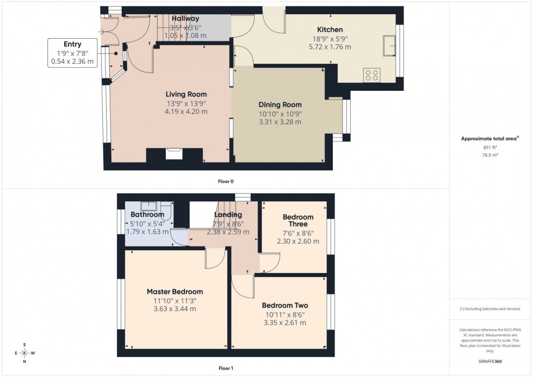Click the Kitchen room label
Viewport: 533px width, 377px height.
[330, 29]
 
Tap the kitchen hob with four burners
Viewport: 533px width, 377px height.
[372, 75]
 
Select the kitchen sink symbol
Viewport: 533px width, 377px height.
[389, 46]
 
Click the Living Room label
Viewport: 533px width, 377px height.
[187, 95]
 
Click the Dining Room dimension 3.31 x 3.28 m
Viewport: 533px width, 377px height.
[280, 122]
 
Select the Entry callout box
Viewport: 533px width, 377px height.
[72, 53]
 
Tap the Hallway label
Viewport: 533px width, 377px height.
[185, 19]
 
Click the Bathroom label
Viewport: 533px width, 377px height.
[147, 215]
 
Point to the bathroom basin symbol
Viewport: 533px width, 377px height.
[148, 206]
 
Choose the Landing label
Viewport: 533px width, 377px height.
[228, 215]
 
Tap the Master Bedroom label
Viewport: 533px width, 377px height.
[175, 292]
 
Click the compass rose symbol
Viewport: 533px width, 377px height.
[24, 353]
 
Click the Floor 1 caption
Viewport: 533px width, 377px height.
[226, 368]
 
